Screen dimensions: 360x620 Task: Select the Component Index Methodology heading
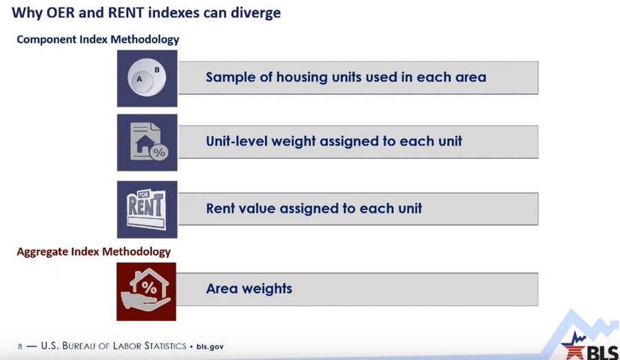(98, 39)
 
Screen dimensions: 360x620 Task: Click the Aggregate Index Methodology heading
(94, 251)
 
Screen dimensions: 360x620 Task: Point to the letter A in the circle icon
(139, 79)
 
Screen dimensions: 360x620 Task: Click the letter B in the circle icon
(157, 70)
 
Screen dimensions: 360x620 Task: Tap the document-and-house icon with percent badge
(147, 142)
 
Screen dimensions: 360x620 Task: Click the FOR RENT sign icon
(147, 209)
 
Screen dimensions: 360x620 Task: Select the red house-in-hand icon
(146, 291)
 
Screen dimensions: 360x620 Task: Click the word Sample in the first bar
(231, 77)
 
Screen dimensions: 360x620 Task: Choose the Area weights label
(249, 288)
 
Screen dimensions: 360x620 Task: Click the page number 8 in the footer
(20, 346)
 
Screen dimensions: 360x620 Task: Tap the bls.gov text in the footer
(209, 346)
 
